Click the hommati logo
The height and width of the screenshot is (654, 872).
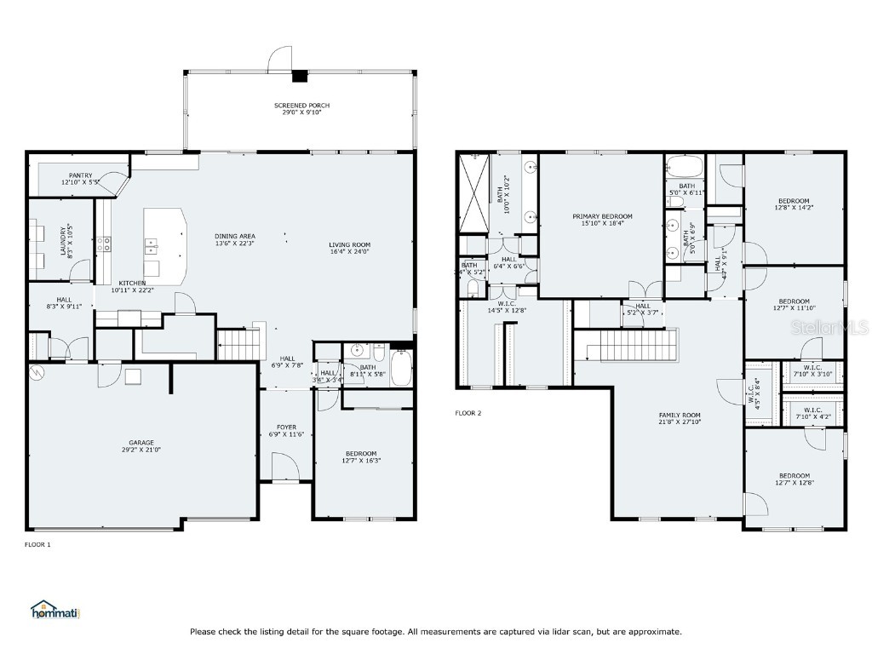(54, 610)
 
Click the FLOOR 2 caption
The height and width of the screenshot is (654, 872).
(468, 413)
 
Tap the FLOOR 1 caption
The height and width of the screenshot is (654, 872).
(37, 544)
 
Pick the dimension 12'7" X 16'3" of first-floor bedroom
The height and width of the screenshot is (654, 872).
(361, 461)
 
